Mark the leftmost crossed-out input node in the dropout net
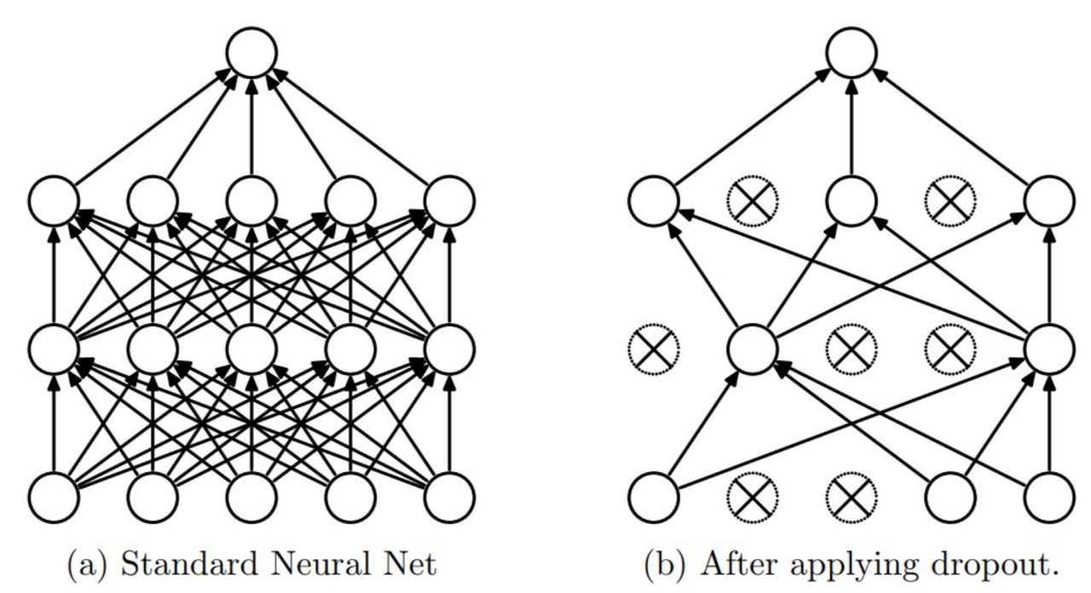(753, 495)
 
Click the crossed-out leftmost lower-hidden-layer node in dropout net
(654, 348)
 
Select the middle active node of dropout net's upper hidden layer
(851, 200)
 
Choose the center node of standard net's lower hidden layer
(251, 348)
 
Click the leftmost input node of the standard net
(54, 495)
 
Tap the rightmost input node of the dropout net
(1049, 495)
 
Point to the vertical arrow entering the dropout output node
(851, 128)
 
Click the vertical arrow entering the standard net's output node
(251, 128)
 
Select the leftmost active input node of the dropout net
(654, 495)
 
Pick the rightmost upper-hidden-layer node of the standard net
(449, 200)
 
